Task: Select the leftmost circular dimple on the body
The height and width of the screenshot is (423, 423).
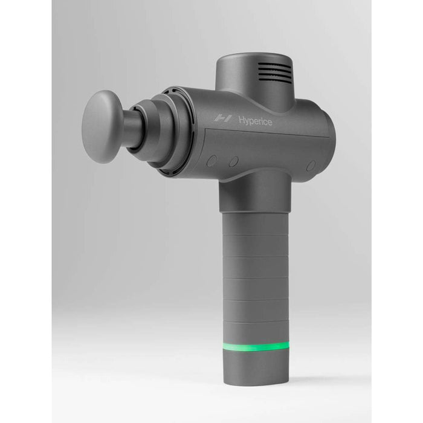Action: pos(211,161)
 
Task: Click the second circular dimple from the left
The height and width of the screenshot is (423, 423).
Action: pos(233,162)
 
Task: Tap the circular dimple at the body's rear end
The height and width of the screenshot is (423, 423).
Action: pos(311,165)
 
